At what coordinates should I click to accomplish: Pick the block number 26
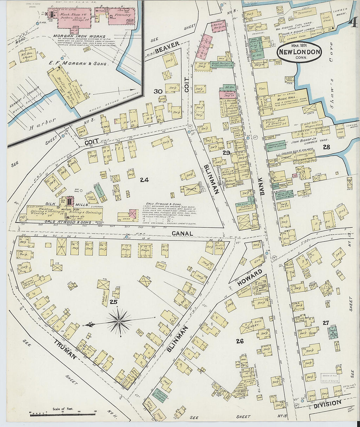[x=240, y=341]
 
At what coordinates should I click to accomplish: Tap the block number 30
[x=158, y=92]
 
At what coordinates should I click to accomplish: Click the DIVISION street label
[x=328, y=404]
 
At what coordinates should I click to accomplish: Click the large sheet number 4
[x=353, y=23]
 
